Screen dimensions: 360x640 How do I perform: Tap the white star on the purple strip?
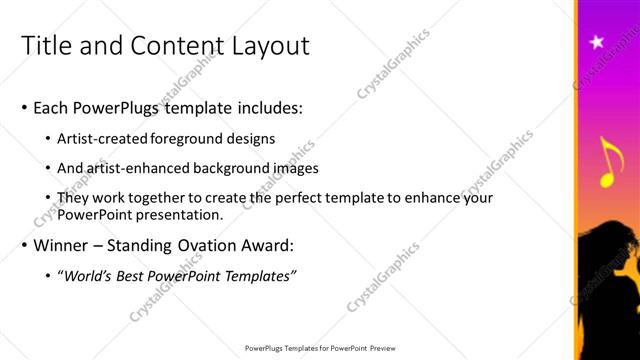pyautogui.click(x=598, y=41)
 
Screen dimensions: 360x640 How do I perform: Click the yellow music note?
pyautogui.click(x=607, y=163)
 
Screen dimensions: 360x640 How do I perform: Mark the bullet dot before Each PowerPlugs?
pyautogui.click(x=24, y=107)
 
